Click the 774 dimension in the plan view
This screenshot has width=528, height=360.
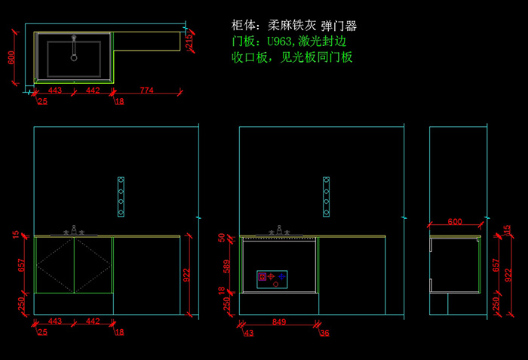click(x=146, y=91)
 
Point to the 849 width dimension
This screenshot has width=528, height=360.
click(x=278, y=322)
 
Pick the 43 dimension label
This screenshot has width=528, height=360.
click(x=249, y=332)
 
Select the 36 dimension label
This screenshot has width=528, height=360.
click(x=324, y=332)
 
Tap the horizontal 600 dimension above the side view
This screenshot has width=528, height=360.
click(x=455, y=222)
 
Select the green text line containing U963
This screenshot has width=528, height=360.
click(x=290, y=41)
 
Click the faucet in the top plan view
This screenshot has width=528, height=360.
click(x=74, y=47)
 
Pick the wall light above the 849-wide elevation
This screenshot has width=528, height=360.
click(x=326, y=196)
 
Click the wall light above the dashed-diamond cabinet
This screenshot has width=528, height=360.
click(x=121, y=196)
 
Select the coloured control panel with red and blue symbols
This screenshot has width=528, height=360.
click(x=273, y=278)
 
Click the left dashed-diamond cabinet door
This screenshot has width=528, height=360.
click(x=55, y=265)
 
